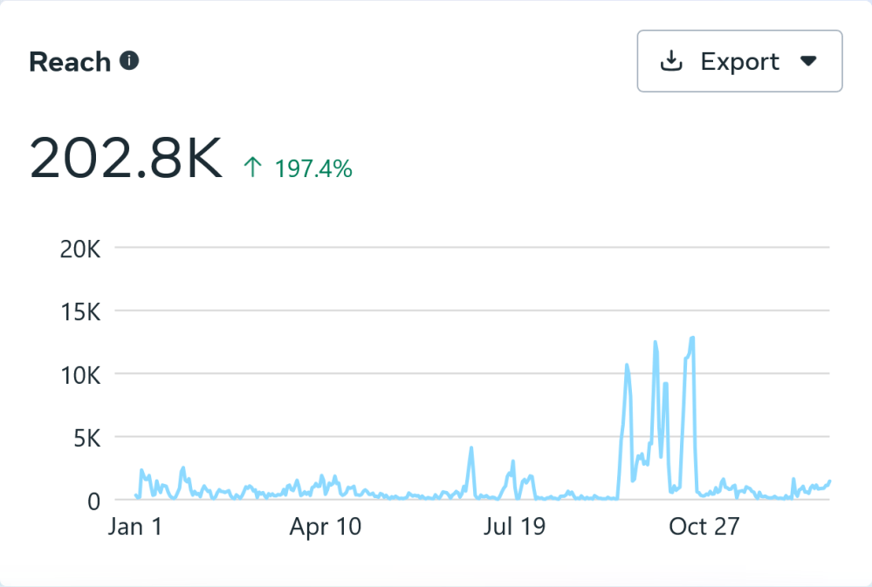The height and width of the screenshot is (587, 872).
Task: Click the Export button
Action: pos(739,61)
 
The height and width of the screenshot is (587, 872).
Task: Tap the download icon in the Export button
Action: pos(671,61)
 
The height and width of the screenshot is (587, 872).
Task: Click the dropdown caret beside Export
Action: pos(808,61)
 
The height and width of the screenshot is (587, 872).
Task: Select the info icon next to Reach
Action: pos(129,61)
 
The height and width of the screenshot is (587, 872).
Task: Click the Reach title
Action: pos(70,62)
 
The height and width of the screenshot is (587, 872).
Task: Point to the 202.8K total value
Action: pos(126,160)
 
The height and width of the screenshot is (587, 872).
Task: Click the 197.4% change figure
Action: pos(313,168)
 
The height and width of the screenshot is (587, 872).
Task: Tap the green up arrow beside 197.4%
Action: pos(252,167)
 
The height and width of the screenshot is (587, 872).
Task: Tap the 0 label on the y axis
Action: pos(95,501)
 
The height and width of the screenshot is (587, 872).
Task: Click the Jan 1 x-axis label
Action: pos(135,527)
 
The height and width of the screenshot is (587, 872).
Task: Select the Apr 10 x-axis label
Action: pos(326,527)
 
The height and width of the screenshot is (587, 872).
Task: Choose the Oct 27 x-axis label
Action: pos(704,527)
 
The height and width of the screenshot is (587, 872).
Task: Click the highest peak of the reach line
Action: pos(692,338)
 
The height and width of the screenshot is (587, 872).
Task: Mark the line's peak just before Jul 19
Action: pos(471,448)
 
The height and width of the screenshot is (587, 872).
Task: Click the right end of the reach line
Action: pos(829,481)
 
